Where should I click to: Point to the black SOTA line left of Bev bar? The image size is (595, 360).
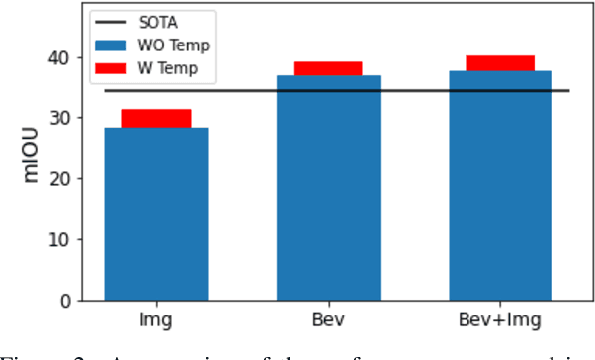click(237, 91)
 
